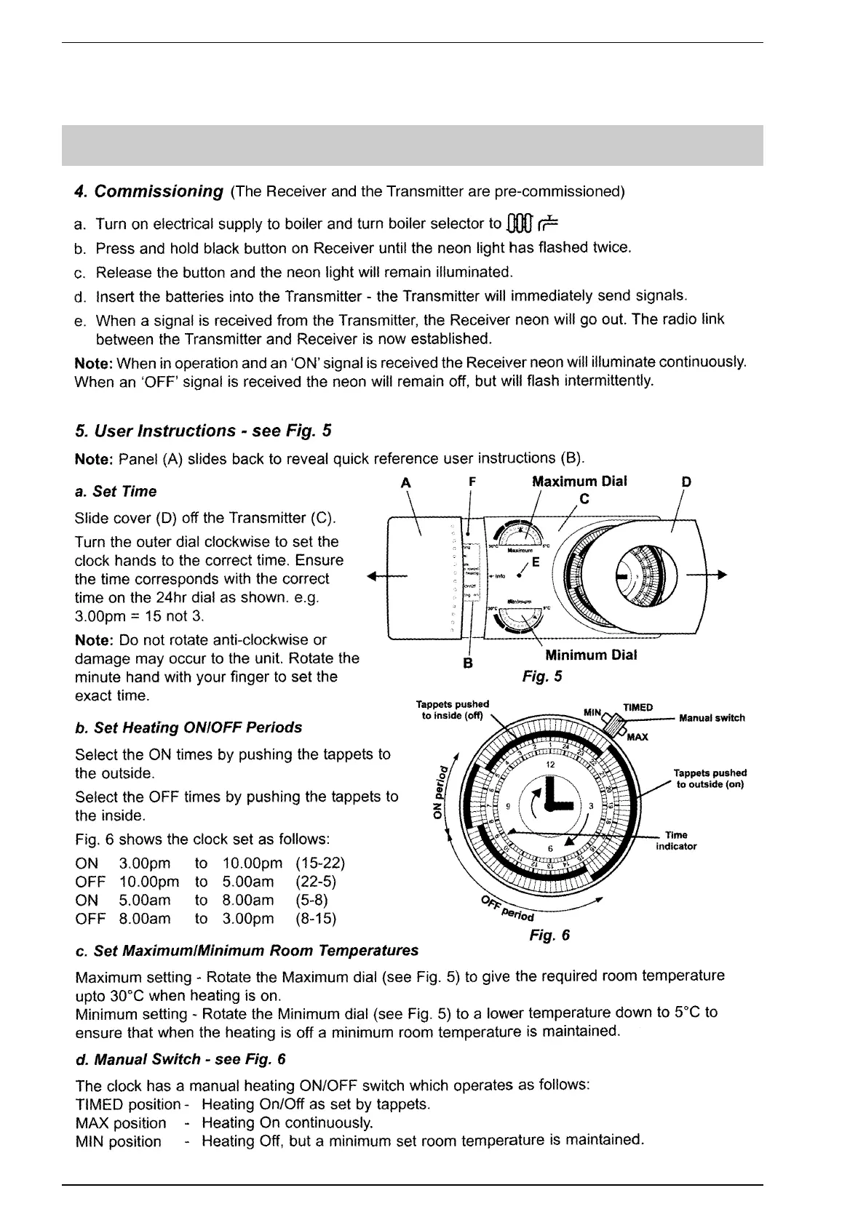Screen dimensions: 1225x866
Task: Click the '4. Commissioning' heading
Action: tap(149, 191)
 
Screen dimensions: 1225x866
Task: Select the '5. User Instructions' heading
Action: tap(203, 431)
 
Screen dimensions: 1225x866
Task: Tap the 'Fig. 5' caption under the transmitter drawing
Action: tap(542, 677)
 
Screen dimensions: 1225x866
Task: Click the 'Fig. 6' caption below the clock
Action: tap(549, 935)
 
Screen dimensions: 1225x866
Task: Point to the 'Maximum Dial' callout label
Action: tap(579, 482)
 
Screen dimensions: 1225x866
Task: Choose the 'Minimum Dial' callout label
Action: tap(591, 655)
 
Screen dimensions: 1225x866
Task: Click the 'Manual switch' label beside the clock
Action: tap(711, 718)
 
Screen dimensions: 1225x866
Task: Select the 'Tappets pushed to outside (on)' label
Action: tap(710, 778)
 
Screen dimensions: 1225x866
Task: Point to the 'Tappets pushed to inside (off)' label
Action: tap(452, 710)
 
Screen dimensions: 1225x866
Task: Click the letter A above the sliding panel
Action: tap(406, 482)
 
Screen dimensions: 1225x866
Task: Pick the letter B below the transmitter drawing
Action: tap(469, 663)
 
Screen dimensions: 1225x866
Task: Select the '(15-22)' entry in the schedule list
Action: tap(320, 863)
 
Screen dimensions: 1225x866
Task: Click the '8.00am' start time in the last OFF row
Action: tap(145, 919)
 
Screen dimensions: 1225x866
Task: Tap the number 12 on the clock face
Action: tap(551, 765)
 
